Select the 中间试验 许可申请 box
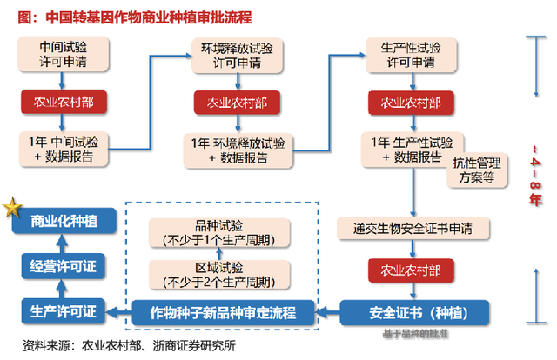tap(63, 56)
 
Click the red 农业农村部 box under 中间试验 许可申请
tap(63, 103)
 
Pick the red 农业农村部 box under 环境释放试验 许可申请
tap(236, 103)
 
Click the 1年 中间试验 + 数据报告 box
tap(63, 149)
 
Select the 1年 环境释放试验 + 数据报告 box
tap(236, 150)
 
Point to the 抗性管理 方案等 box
tap(473, 170)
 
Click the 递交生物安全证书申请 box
tap(412, 228)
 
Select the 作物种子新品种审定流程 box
tap(224, 310)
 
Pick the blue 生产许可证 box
tap(63, 310)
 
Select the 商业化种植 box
tap(63, 221)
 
